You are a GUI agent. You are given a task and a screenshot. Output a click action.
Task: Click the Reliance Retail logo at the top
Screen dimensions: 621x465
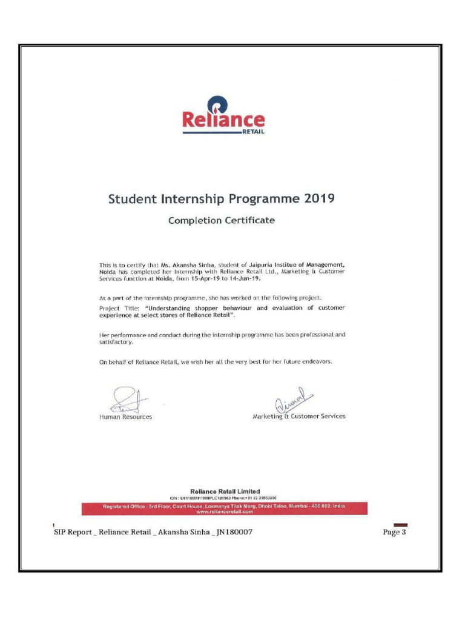[223, 116]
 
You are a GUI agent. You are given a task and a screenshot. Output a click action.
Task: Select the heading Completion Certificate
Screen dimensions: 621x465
[221, 221]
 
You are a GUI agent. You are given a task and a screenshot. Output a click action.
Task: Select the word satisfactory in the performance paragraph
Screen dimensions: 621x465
[116, 342]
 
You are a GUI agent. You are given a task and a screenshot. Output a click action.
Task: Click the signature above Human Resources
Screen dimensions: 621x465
[125, 400]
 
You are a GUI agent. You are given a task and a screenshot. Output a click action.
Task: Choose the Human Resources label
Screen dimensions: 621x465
[125, 417]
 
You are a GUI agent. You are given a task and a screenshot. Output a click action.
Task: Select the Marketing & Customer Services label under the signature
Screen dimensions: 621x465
[298, 417]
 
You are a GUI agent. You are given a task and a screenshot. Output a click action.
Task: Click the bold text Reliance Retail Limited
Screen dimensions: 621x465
[225, 491]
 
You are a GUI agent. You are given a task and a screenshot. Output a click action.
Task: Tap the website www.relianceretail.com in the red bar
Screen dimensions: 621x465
[224, 511]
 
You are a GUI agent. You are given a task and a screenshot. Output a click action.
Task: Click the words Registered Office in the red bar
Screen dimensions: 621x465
[125, 506]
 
